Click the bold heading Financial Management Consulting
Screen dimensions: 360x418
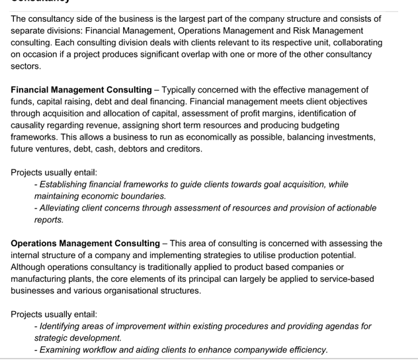81,89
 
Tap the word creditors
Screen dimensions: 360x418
181,149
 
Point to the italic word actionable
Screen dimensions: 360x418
353,208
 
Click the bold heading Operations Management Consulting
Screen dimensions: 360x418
85,244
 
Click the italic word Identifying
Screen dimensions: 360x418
62,326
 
